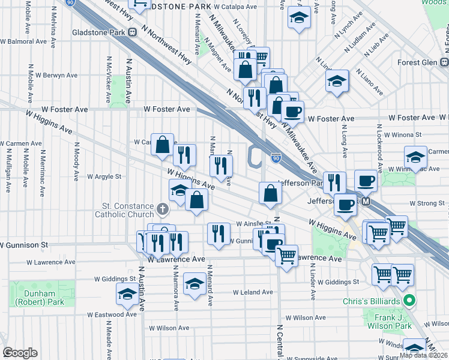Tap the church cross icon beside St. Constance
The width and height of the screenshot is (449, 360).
pos(161,210)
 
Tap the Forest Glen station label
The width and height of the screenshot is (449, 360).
pos(418,62)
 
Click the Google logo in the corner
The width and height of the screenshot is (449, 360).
pos(19,353)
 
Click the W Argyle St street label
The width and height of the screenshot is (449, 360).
pos(104,176)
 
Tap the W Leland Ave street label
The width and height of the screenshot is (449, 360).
pos(253,292)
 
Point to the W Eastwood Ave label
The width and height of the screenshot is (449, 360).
pos(112,314)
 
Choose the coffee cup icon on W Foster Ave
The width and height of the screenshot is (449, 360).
pos(292,112)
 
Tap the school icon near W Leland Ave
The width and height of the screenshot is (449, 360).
pos(194,285)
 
